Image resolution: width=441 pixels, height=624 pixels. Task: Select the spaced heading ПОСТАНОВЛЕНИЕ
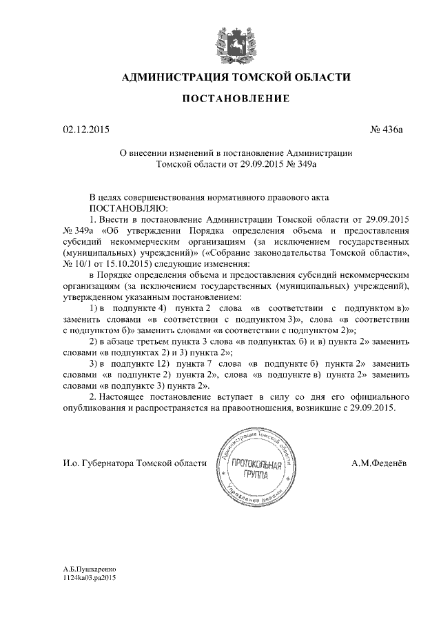click(x=236, y=99)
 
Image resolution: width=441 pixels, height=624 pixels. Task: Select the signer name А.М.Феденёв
click(x=378, y=463)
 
